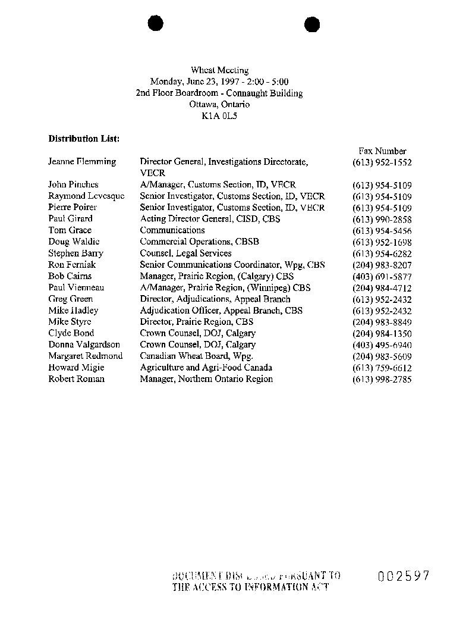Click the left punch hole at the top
(156, 24)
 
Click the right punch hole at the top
(312, 24)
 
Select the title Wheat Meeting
(219, 70)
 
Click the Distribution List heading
(84, 139)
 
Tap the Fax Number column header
(382, 151)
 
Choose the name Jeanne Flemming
(82, 162)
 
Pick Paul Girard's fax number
(382, 219)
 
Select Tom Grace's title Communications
(172, 230)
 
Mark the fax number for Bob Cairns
(382, 277)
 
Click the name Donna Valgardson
(84, 345)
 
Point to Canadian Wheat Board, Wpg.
(196, 356)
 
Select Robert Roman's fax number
(382, 380)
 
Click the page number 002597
(402, 575)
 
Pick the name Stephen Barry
(75, 253)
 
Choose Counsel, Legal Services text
(185, 253)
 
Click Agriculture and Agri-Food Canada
(206, 368)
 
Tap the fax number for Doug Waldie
(382, 242)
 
